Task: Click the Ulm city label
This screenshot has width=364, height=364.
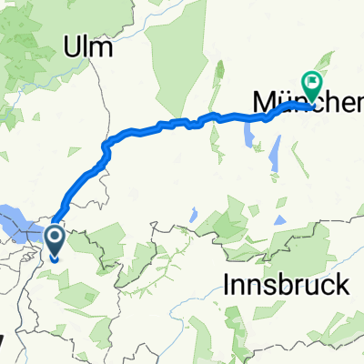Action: [89, 48]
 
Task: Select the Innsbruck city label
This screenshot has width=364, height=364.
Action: [285, 285]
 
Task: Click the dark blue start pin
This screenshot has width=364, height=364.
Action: [54, 240]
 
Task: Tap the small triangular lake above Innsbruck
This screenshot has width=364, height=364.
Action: [193, 216]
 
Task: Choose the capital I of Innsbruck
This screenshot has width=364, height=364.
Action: [226, 285]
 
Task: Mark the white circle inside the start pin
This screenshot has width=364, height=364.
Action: [54, 238]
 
